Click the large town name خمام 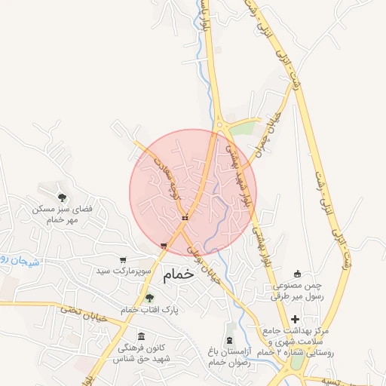[x=178, y=274]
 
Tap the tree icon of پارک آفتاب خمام [x=149, y=298]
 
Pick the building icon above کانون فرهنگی [x=139, y=336]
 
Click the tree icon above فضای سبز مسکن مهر [x=62, y=197]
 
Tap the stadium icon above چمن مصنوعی [x=297, y=274]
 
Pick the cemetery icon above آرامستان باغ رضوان [x=229, y=339]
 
